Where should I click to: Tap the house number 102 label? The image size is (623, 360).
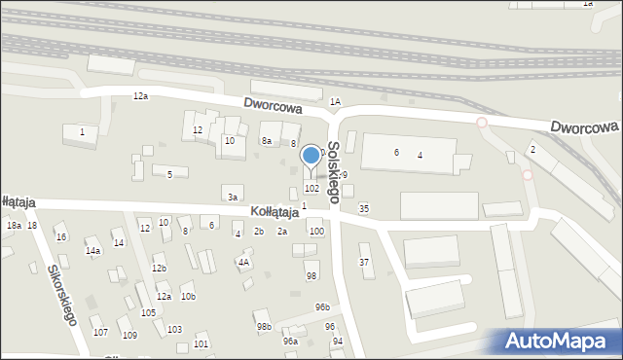pyautogui.click(x=311, y=188)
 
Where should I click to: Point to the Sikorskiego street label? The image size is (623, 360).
pyautogui.click(x=59, y=292)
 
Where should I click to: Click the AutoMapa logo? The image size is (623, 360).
pyautogui.click(x=559, y=341)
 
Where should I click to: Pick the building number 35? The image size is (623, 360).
pyautogui.click(x=364, y=208)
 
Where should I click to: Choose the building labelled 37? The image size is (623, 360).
pyautogui.click(x=364, y=262)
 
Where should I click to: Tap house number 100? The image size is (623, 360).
pyautogui.click(x=315, y=231)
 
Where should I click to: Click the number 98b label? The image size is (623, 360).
pyautogui.click(x=264, y=327)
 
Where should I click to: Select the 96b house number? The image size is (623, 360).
pyautogui.click(x=322, y=307)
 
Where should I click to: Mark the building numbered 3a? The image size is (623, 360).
pyautogui.click(x=233, y=198)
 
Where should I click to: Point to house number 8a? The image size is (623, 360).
pyautogui.click(x=266, y=141)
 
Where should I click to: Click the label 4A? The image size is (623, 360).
pyautogui.click(x=245, y=262)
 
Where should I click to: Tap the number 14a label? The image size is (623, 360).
pyautogui.click(x=92, y=250)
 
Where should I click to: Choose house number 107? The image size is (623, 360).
pyautogui.click(x=100, y=333)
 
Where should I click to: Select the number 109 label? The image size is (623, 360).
pyautogui.click(x=129, y=335)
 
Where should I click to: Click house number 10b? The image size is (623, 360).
pyautogui.click(x=188, y=296)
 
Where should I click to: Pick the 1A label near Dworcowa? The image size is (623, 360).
pyautogui.click(x=335, y=101)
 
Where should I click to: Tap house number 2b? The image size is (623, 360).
pyautogui.click(x=259, y=232)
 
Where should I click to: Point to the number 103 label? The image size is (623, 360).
pyautogui.click(x=174, y=330)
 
